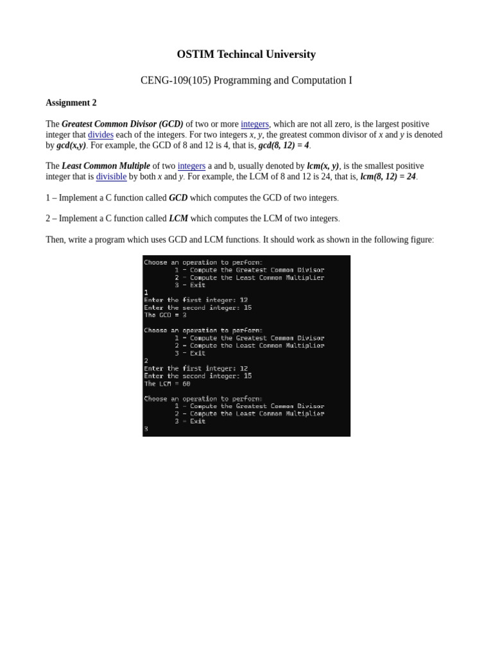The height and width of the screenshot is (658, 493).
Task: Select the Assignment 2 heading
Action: pos(71,103)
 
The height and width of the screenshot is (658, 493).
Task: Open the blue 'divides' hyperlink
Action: pos(101,135)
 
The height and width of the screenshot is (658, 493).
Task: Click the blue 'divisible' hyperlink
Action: pos(111,177)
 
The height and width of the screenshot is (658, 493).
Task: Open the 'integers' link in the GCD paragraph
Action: pos(255,124)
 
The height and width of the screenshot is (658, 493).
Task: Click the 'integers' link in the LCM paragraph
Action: pos(191,166)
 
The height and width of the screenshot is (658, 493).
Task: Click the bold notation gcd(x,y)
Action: pos(71,146)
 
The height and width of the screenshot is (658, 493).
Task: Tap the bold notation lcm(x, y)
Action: pos(323,166)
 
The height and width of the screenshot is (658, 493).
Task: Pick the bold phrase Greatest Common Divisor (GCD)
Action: pos(123,124)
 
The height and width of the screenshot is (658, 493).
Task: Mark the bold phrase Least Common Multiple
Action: pos(106,166)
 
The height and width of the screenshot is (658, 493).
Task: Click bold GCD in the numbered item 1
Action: pos(178,198)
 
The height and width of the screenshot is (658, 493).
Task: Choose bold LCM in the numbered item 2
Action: pos(178,218)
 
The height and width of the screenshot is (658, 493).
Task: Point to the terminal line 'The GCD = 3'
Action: pos(166,316)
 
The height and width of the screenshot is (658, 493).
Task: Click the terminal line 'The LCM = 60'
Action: pos(168,384)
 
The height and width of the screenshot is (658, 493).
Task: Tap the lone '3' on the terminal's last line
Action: pos(146,429)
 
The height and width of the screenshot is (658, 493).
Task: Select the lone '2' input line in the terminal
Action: pos(146,360)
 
